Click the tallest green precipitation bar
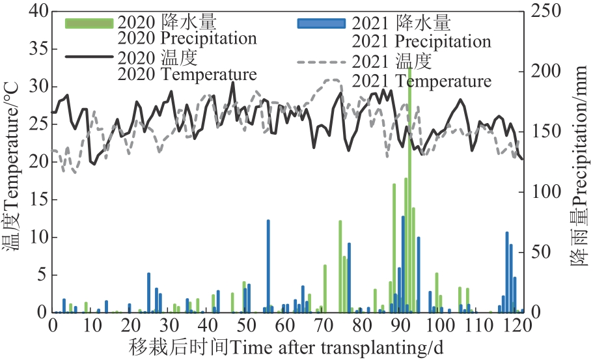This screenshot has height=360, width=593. click(x=409, y=195)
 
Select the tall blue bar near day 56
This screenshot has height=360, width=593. click(x=268, y=266)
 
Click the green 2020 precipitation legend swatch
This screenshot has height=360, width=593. click(x=90, y=23)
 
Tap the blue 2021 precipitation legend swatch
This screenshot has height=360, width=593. click(x=320, y=23)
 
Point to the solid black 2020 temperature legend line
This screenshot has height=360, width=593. click(x=90, y=58)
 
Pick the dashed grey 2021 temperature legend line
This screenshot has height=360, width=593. click(x=320, y=62)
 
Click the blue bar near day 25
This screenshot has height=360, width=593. click(x=148, y=293)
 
